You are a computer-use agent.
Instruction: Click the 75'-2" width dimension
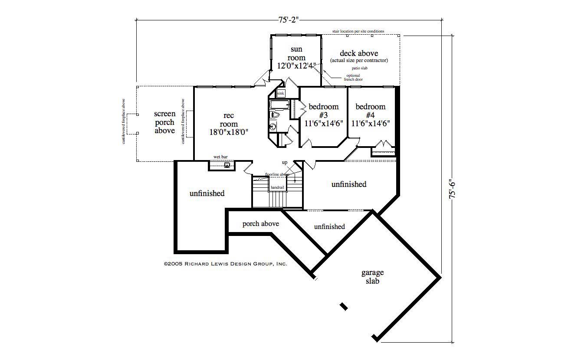(x=289, y=20)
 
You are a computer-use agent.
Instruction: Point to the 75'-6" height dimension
(x=453, y=190)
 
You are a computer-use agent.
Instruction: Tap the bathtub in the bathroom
(x=279, y=105)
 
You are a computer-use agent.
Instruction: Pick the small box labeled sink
(x=280, y=93)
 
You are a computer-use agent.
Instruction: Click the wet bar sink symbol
(x=227, y=165)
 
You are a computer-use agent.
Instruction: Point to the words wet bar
(x=220, y=157)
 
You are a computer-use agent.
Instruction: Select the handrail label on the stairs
(x=277, y=187)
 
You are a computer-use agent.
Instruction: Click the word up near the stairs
(x=285, y=163)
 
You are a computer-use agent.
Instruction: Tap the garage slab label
(x=372, y=277)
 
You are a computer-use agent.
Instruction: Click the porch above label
(x=260, y=224)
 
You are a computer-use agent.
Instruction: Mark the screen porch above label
(x=165, y=122)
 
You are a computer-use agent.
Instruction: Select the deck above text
(x=359, y=53)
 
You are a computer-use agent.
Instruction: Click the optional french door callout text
(x=353, y=78)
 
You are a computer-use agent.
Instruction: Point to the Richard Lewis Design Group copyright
(x=225, y=263)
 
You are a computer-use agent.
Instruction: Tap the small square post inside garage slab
(x=344, y=306)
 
